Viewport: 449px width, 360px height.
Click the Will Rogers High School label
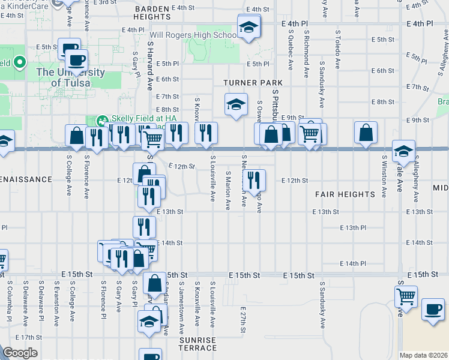pyautogui.click(x=193, y=35)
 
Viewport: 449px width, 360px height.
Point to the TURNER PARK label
pyautogui.click(x=244, y=82)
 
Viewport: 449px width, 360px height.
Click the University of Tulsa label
pyautogui.click(x=70, y=78)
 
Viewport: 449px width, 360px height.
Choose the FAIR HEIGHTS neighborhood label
pyautogui.click(x=345, y=194)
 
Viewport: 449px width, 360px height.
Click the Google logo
pyautogui.click(x=20, y=353)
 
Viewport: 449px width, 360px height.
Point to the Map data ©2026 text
pyautogui.click(x=424, y=355)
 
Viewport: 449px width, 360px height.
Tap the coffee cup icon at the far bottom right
pyautogui.click(x=433, y=310)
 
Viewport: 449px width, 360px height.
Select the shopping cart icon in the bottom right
pyautogui.click(x=406, y=296)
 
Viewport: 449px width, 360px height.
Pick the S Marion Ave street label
pyautogui.click(x=228, y=190)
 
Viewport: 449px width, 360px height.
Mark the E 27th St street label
pyautogui.click(x=244, y=322)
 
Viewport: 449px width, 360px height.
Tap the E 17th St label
pyautogui.click(x=28, y=337)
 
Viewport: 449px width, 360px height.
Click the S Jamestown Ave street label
pyautogui.click(x=181, y=306)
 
